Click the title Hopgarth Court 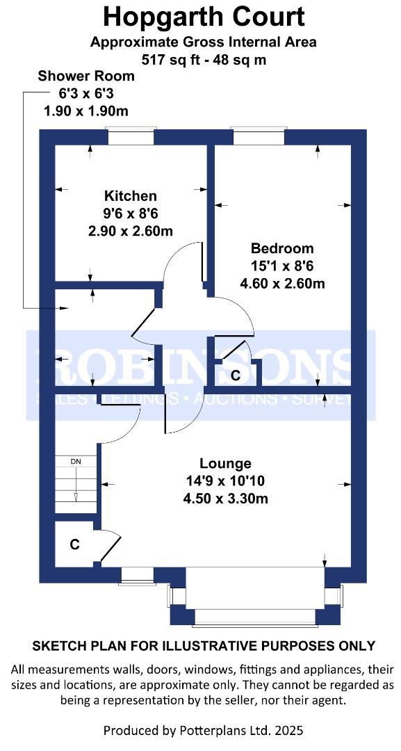coord(204,17)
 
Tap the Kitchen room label coord(130,196)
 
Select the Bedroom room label coord(282,248)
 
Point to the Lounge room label coord(225,464)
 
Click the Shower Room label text coord(86,76)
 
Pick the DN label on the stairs coord(76,462)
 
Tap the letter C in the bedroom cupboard coord(235,376)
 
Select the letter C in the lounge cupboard coord(74,544)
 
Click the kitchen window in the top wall coord(131,136)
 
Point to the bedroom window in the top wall coord(259,136)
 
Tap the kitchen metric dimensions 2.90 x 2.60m coord(130,232)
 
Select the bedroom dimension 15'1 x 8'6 coord(282,266)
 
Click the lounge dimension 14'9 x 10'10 coord(225,481)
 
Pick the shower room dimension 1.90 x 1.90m coord(85,111)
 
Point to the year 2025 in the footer coord(289,730)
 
